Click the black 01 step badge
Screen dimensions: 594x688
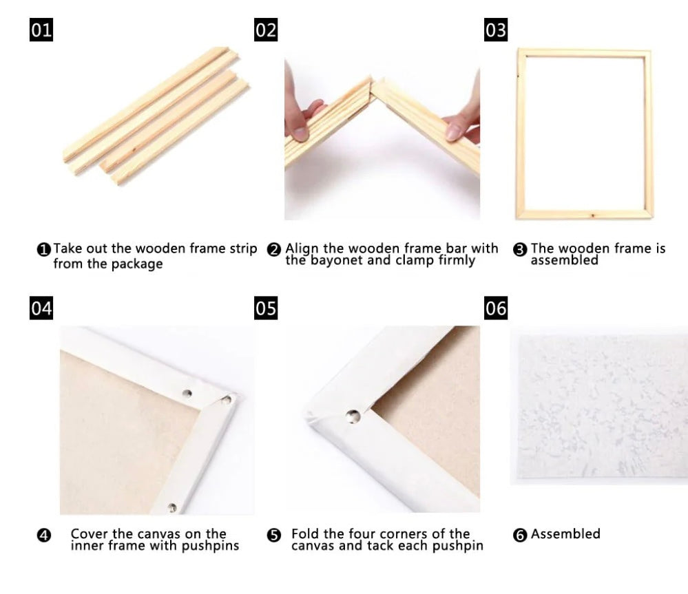tap(41, 30)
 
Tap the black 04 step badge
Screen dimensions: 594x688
tap(41, 308)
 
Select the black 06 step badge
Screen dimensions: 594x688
tap(496, 308)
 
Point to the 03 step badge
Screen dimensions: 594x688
tap(496, 30)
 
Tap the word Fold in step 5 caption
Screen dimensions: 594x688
tap(304, 533)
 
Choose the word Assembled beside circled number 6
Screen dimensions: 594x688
tap(565, 533)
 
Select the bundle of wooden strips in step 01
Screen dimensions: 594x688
tap(156, 114)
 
